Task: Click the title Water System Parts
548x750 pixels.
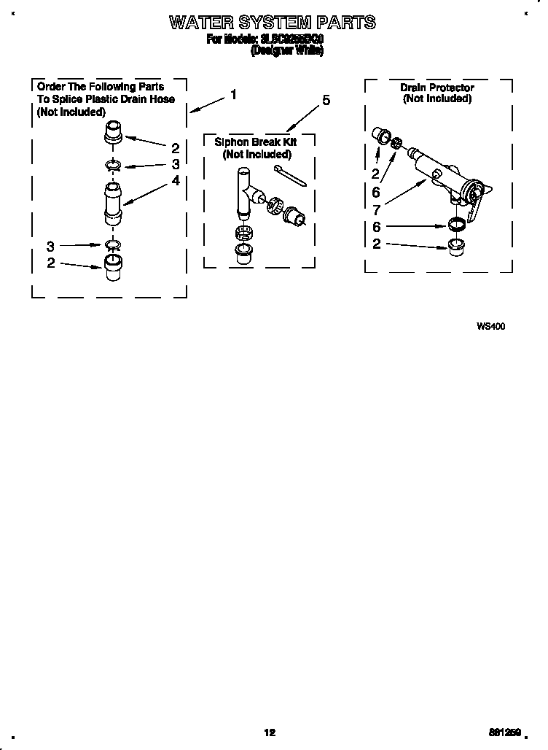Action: point(273,23)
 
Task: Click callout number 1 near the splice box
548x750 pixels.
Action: point(233,94)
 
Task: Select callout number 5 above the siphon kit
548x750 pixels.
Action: point(326,101)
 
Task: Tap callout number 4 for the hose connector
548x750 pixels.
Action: point(176,180)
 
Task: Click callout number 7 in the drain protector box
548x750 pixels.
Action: point(376,209)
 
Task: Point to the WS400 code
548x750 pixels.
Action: point(490,326)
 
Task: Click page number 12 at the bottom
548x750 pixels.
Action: point(270,732)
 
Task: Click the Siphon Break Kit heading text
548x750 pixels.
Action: point(256,142)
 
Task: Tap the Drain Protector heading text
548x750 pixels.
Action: point(437,88)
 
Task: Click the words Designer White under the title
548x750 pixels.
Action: point(286,52)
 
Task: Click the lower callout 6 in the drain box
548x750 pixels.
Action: point(376,227)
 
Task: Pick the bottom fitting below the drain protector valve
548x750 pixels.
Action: point(457,243)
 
